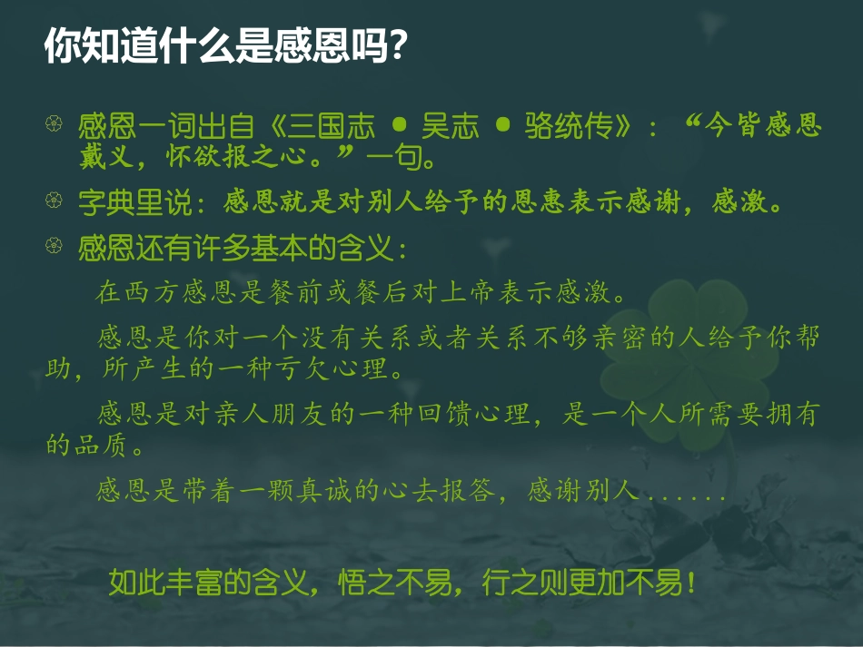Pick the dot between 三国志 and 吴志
[399, 126]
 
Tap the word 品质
[101, 446]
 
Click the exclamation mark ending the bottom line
[691, 582]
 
